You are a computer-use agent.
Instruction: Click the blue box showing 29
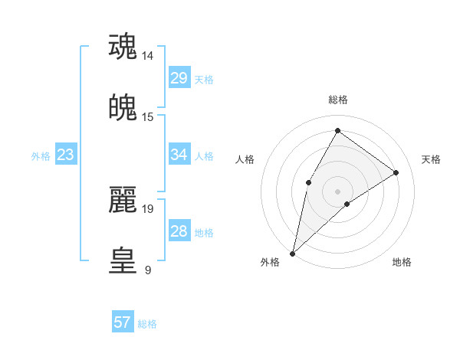(179, 78)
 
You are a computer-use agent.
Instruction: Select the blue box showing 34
(179, 155)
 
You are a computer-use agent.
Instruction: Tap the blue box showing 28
(179, 232)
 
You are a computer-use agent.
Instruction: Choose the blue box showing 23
(65, 155)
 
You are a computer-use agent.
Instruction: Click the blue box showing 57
(123, 322)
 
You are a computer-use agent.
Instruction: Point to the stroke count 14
(148, 56)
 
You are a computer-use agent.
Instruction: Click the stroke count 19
(148, 208)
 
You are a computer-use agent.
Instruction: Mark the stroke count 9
(147, 270)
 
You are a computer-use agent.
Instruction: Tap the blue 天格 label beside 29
(204, 79)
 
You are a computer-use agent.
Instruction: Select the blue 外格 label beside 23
(41, 156)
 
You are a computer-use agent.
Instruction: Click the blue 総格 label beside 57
(147, 324)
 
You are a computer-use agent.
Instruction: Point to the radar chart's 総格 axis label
(337, 100)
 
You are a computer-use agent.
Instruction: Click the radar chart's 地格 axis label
(402, 262)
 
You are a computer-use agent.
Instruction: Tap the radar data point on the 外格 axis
(292, 253)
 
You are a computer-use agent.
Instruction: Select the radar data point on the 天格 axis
(396, 172)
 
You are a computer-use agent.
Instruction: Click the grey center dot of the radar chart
(337, 191)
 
